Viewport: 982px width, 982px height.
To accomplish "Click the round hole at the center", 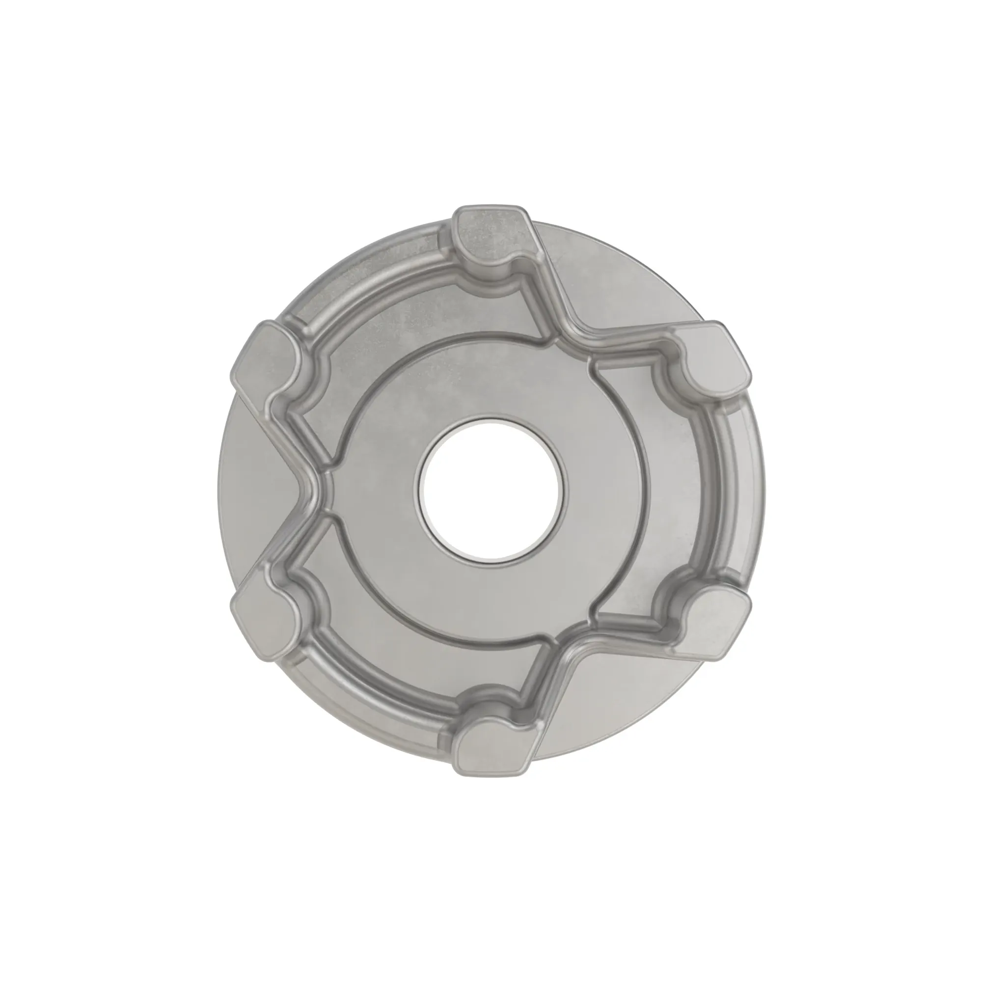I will click(x=491, y=490).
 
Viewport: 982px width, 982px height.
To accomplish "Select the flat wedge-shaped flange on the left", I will click(x=254, y=491).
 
